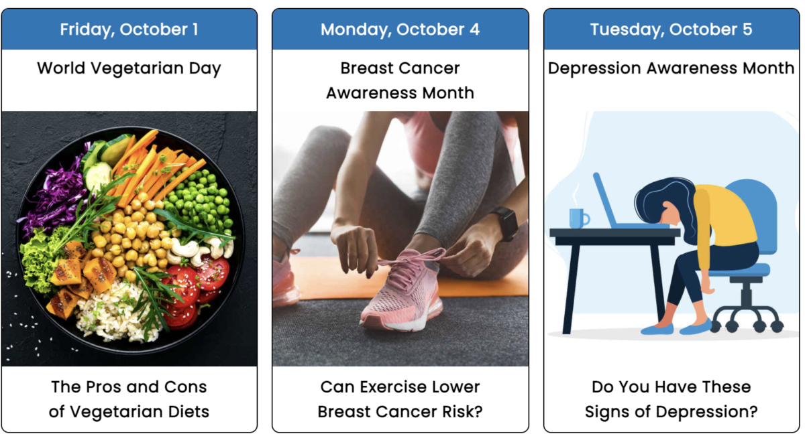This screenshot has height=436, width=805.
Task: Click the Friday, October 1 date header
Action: pos(129,30)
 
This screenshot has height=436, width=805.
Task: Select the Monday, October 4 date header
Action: pos(400,30)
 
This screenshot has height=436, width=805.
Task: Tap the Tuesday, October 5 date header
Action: pos(671,30)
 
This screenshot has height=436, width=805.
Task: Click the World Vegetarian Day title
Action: pos(129,68)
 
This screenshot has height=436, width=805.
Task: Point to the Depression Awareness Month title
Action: pos(671,68)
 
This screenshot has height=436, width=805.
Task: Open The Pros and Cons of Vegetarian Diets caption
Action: pos(129,399)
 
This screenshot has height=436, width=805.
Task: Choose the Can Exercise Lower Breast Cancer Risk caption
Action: pos(400,399)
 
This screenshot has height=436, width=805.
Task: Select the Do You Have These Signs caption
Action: pos(671,399)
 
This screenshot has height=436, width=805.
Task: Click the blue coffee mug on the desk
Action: pos(578,218)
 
